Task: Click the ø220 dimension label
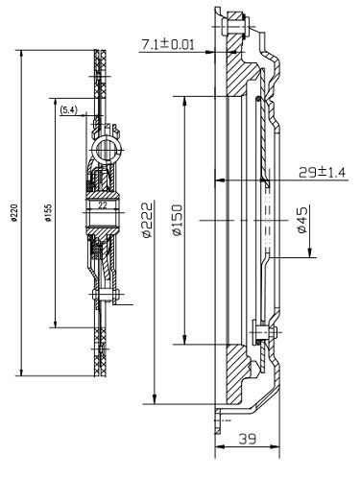point(13,212)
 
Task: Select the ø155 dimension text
point(48,213)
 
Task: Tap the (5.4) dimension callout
point(68,110)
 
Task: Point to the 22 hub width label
point(103,205)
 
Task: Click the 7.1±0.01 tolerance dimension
point(168,44)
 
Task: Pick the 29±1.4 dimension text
point(323,173)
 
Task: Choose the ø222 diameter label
point(147,220)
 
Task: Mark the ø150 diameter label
point(177,220)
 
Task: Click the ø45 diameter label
point(302,220)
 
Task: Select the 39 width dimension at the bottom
point(248,439)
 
